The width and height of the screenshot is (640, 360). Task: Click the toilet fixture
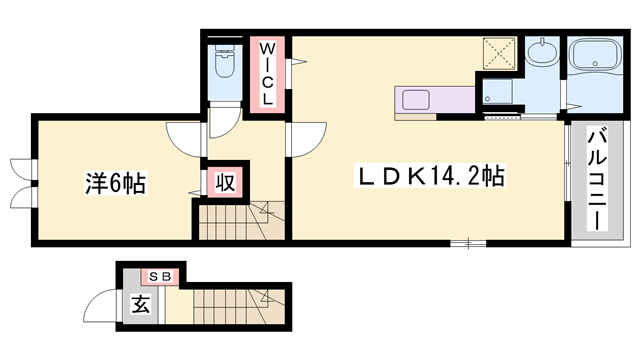tap(224, 67)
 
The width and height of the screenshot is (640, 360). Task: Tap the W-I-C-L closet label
tap(268, 73)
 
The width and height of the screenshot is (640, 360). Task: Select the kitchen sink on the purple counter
tap(415, 100)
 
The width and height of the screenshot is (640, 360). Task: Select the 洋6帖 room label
tap(115, 183)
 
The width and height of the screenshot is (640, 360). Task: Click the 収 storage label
tap(226, 182)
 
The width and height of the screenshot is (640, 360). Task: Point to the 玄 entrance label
tap(138, 305)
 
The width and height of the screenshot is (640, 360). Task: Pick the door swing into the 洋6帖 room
tap(186, 137)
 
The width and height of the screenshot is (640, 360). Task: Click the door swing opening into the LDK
tap(308, 137)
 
